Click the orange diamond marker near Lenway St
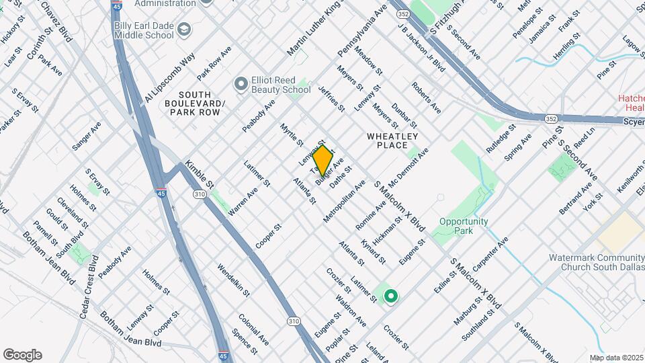[x=322, y=160]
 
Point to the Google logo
[x=22, y=355]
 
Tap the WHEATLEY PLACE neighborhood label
[x=387, y=140]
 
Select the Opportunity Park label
[x=465, y=226]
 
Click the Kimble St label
[x=200, y=174]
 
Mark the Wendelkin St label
[x=233, y=280]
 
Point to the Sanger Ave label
[x=87, y=134]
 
